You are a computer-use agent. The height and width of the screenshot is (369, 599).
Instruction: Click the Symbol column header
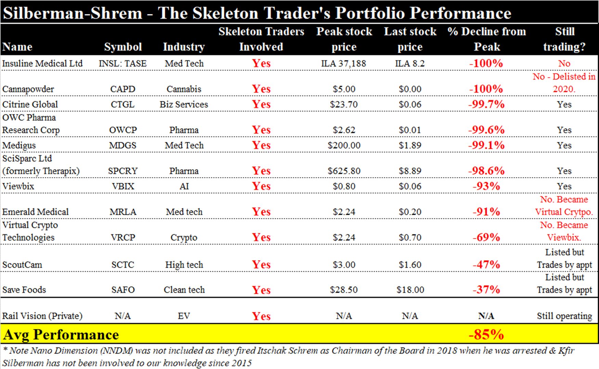pos(123,47)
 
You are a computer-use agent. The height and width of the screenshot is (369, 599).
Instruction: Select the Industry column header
pos(184,47)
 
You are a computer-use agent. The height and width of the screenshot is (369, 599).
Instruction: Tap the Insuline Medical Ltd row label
pos(42,64)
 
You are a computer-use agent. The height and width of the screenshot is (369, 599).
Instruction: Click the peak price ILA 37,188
pos(344,64)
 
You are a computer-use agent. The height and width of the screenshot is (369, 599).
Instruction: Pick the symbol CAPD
pos(123,89)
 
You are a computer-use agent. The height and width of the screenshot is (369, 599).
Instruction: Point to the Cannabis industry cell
pos(184,89)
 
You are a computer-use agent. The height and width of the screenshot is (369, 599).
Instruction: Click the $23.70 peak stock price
pos(344,104)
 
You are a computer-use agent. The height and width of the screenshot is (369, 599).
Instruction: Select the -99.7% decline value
pos(486,104)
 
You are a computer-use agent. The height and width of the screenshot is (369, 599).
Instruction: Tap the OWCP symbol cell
pos(123,130)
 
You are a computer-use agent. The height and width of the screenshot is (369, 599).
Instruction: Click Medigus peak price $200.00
pos(344,145)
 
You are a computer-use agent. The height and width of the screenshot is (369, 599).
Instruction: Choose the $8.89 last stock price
pos(410,171)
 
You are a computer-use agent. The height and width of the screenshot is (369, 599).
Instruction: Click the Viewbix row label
pos(18,186)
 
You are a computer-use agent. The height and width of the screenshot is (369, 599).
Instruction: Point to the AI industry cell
pos(184,186)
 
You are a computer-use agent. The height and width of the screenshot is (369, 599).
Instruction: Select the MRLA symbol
pos(123,212)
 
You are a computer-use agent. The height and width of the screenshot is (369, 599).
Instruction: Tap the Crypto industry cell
pos(184,238)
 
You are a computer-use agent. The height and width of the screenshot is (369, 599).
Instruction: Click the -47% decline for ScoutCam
pos(486,265)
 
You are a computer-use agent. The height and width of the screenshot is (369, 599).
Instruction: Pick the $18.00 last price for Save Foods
pos(410,290)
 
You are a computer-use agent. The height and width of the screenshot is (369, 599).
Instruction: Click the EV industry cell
pos(184,316)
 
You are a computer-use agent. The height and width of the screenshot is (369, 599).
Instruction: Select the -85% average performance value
pos(486,334)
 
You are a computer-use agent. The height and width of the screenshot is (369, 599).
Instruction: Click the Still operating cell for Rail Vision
pos(564,316)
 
